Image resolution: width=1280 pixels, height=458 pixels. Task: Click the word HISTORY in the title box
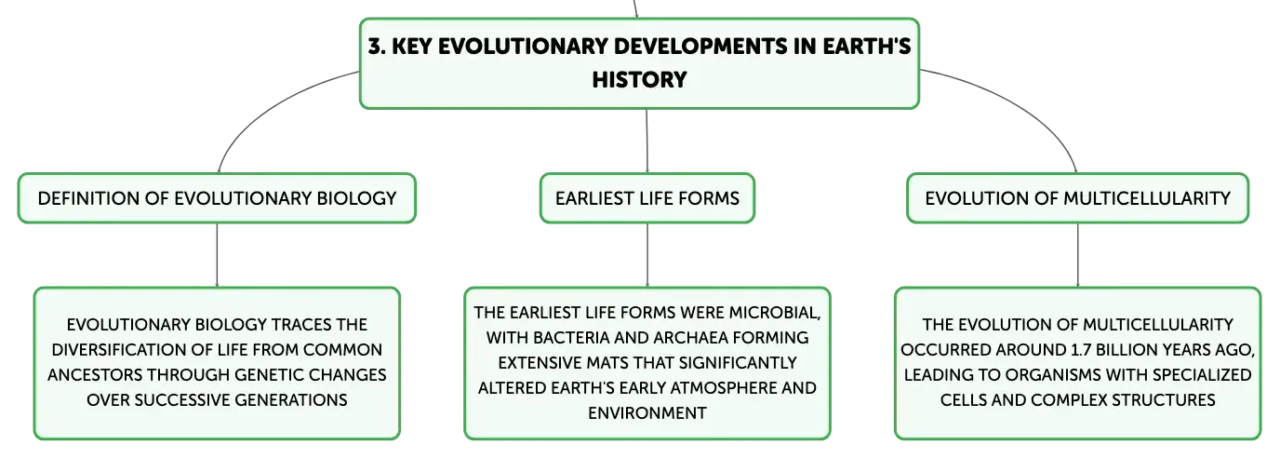639,79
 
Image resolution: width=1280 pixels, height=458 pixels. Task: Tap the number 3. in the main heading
377,47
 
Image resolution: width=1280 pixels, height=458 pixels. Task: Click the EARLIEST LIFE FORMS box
647,198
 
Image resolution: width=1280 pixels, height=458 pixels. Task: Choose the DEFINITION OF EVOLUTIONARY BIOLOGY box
217,198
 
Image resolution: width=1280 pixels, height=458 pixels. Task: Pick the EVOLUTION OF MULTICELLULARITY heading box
1078,198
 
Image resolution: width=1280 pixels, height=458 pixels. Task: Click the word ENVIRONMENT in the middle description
647,412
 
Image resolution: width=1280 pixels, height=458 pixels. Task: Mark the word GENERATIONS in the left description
290,399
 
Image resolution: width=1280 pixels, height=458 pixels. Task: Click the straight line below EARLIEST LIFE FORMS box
647,255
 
